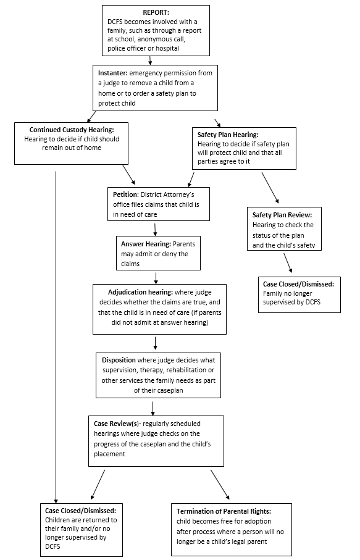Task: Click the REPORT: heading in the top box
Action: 156,12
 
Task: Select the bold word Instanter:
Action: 113,73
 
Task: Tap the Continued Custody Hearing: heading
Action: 72,130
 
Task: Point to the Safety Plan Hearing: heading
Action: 228,135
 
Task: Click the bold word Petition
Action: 125,194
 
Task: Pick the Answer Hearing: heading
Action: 146,244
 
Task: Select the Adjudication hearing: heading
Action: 140,292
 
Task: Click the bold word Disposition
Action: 119,360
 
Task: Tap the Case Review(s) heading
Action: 117,424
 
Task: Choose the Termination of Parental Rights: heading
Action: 224,511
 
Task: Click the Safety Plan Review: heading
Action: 282,215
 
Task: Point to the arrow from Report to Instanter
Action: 150,61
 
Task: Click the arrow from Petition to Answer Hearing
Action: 155,230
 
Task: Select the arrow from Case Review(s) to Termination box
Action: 220,484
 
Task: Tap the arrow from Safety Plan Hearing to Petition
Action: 191,180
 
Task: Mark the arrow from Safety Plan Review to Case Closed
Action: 288,263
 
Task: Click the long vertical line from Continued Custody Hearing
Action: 56,337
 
